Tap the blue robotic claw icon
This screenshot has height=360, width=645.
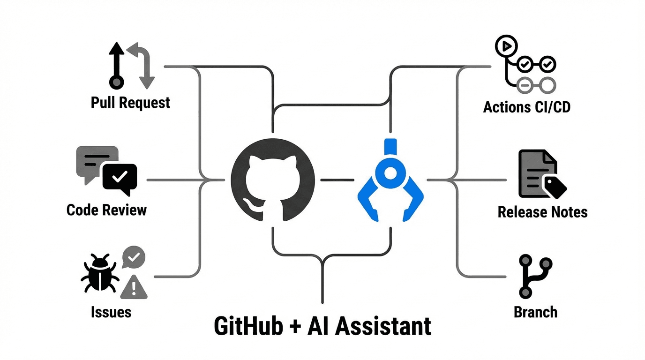pos(390,180)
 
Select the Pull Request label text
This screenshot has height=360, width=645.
pos(130,103)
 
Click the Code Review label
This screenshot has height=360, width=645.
pos(106,210)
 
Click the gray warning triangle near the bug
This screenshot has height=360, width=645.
pos(134,287)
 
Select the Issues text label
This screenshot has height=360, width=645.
pos(111,312)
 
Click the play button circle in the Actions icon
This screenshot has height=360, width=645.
pos(506,45)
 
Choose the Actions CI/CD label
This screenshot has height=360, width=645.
pos(527,107)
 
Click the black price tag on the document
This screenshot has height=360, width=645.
pos(555,186)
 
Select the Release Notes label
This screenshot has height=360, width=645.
pos(542,212)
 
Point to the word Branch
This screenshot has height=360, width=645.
pos(535,312)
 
